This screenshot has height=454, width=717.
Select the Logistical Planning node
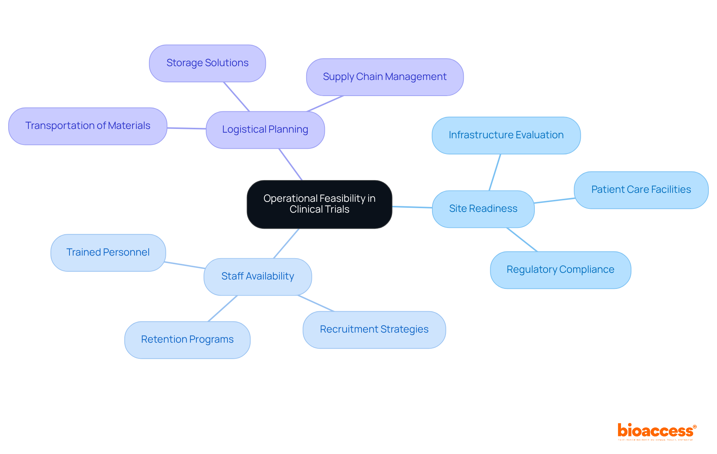click(x=265, y=130)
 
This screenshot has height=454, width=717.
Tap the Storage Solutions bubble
click(x=207, y=63)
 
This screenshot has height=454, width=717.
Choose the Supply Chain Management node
click(x=385, y=77)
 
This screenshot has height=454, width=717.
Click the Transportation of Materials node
click(x=88, y=126)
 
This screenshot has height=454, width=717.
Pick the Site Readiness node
click(x=483, y=209)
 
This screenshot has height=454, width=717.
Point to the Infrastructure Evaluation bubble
click(x=506, y=135)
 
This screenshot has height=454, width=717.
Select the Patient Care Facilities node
click(x=641, y=190)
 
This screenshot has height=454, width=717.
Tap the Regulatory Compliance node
click(x=560, y=270)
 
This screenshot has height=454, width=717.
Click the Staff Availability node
click(x=258, y=277)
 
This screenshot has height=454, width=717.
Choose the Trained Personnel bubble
click(x=108, y=253)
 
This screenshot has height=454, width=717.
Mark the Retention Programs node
click(x=187, y=340)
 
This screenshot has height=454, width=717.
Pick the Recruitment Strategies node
click(x=374, y=330)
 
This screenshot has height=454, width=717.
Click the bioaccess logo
click(x=657, y=431)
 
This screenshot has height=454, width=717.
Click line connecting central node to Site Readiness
click(x=412, y=207)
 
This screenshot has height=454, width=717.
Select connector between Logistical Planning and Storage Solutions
click(x=236, y=97)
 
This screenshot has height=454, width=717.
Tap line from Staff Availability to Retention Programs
click(x=223, y=309)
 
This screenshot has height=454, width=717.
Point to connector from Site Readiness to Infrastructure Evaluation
click(x=495, y=172)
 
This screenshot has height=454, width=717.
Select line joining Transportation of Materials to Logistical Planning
click(x=186, y=128)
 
